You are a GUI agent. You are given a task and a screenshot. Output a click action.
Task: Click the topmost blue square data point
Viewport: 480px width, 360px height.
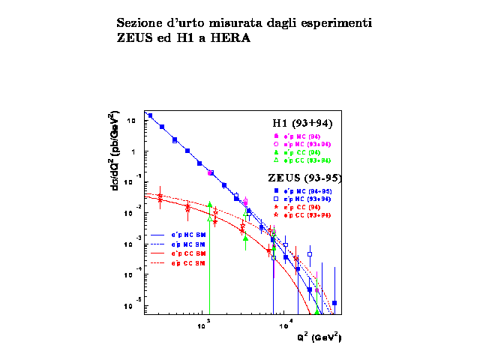150,116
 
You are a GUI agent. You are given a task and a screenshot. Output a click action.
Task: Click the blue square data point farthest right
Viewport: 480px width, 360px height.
334,303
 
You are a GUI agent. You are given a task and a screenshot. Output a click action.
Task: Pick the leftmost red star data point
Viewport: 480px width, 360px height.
159,197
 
